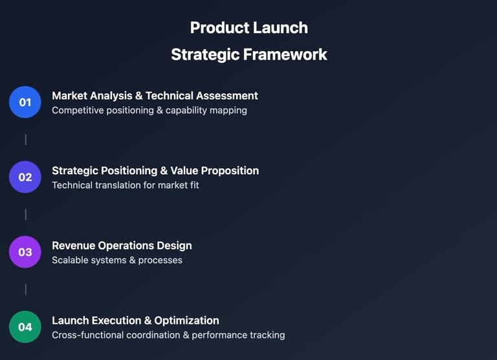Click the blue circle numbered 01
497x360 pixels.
pos(25,102)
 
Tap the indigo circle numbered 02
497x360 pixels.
pos(25,177)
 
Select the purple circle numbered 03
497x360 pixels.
pos(25,252)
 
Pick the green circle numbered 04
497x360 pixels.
pos(25,327)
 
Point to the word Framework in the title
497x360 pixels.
pos(285,54)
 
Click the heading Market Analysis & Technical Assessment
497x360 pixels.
pos(155,96)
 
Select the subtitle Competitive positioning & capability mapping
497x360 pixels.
pos(149,110)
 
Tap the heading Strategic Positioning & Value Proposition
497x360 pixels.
pos(155,171)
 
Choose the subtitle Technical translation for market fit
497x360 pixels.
pos(126,185)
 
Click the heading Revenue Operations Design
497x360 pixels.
pos(122,246)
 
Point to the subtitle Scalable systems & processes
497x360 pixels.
pos(117,260)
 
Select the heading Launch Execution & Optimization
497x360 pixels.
pos(135,321)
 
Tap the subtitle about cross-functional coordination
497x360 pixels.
pos(168,335)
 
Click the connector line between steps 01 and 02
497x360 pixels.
pos(26,140)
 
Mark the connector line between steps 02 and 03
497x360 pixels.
pos(26,214)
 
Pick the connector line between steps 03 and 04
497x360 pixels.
pos(26,289)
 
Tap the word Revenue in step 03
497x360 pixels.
pos(74,246)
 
